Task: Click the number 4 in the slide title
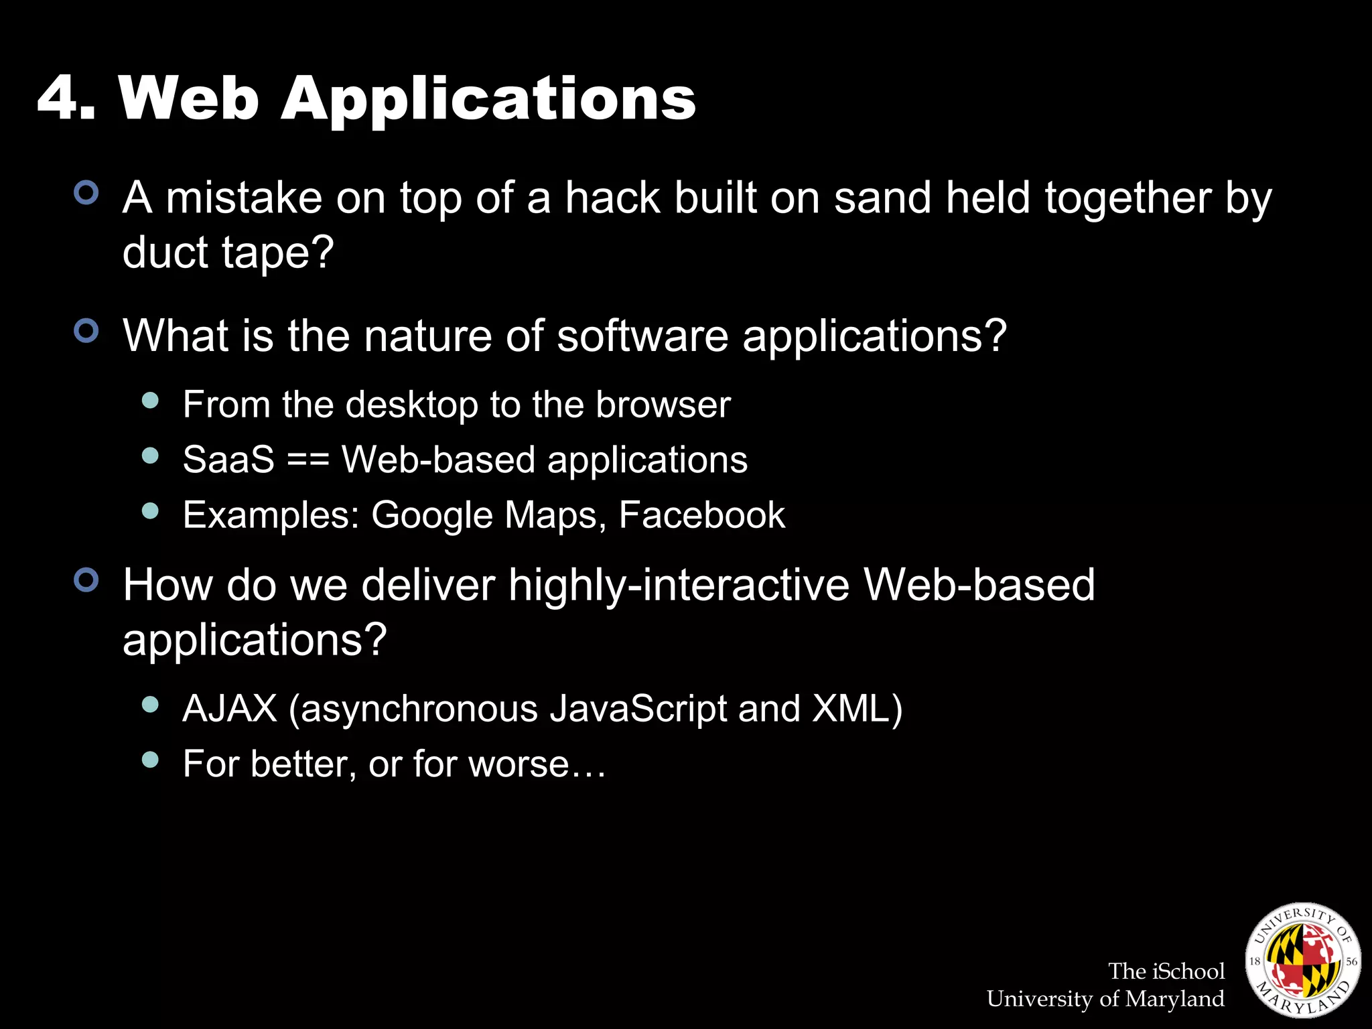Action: coord(59,98)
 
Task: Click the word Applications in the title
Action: coord(488,100)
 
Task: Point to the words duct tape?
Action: coord(228,253)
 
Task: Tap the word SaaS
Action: coord(228,460)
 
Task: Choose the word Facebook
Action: coord(701,515)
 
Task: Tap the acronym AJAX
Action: coord(230,709)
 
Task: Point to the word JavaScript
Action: coord(638,709)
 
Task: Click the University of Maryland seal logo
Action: coord(1302,960)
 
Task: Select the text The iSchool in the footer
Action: coord(1166,971)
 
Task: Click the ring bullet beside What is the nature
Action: coord(86,331)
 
